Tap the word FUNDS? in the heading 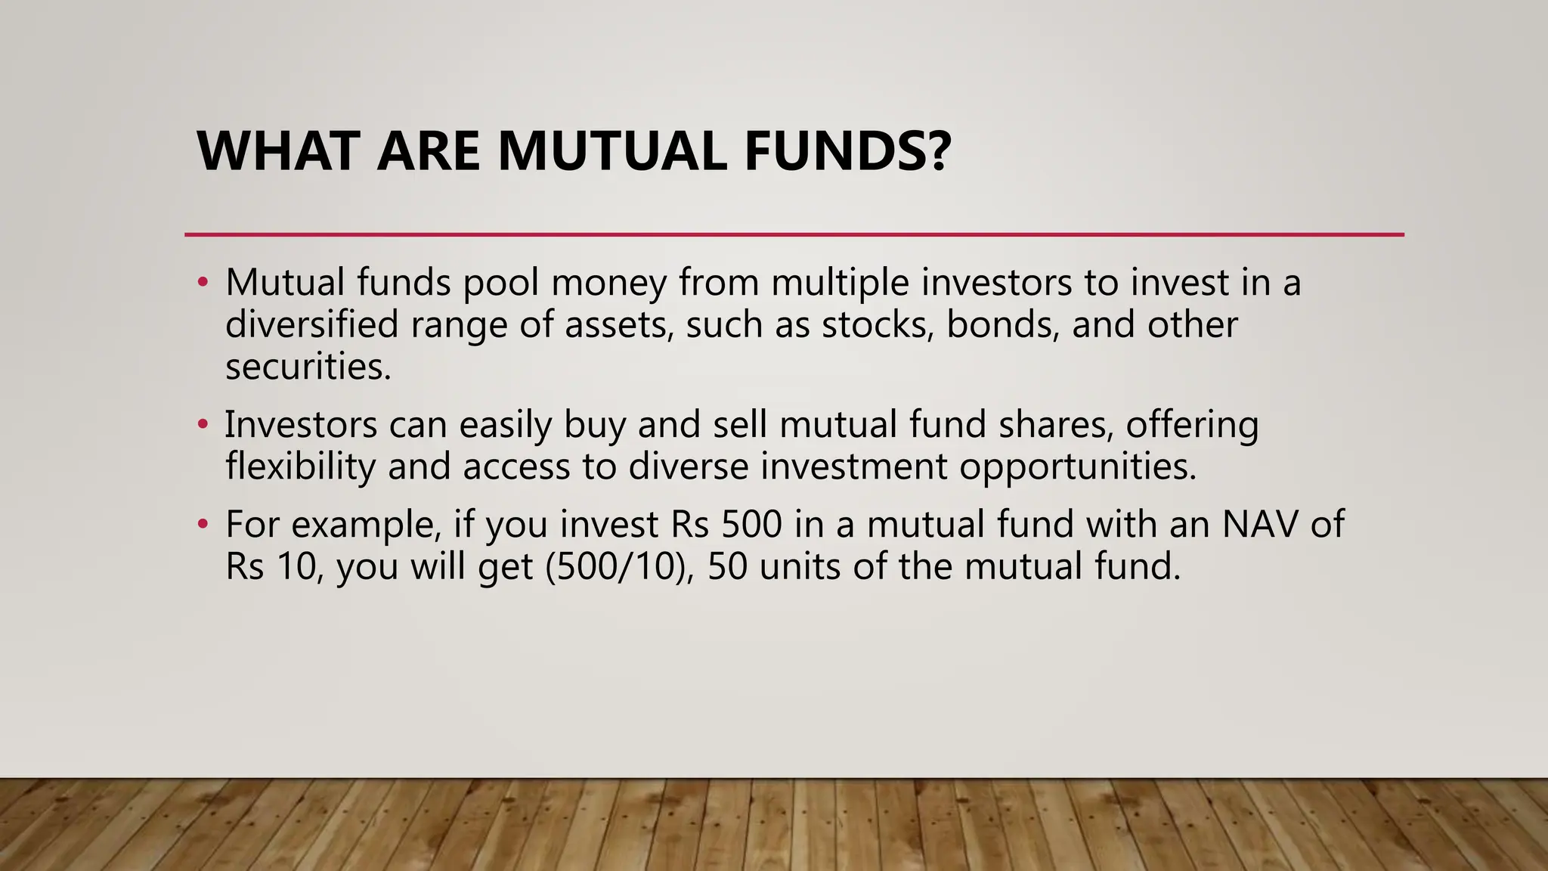pyautogui.click(x=847, y=151)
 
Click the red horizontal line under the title pyautogui.click(x=794, y=235)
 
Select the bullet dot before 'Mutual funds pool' pyautogui.click(x=202, y=283)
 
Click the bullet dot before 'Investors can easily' pyautogui.click(x=202, y=425)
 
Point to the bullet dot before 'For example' pyautogui.click(x=202, y=524)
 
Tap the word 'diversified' pyautogui.click(x=311, y=324)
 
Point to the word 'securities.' pyautogui.click(x=308, y=367)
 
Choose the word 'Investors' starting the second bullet pyautogui.click(x=301, y=425)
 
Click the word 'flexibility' pyautogui.click(x=300, y=466)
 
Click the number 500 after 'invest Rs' pyautogui.click(x=751, y=524)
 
